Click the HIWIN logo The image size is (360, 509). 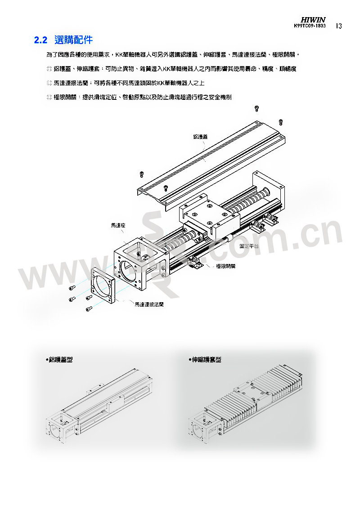[x=313, y=20]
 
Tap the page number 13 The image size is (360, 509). [x=338, y=26]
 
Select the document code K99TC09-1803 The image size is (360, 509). [x=310, y=26]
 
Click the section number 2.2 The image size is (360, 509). [x=40, y=40]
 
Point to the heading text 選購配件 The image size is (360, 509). [x=74, y=40]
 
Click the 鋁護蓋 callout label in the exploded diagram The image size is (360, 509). [x=200, y=137]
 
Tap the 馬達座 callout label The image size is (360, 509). [x=118, y=225]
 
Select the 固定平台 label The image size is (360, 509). [x=249, y=246]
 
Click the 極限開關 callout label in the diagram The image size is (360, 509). [x=226, y=266]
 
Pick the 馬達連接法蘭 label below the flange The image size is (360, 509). [x=149, y=304]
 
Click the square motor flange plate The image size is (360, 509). [x=103, y=286]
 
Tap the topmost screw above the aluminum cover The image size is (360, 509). [x=256, y=108]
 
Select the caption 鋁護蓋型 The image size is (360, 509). [x=59, y=360]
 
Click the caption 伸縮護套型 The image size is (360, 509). [x=205, y=360]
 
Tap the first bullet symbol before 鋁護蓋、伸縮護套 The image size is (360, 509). [x=49, y=69]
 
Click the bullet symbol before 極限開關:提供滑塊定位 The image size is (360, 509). [x=49, y=97]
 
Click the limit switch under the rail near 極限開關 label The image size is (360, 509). [x=195, y=263]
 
